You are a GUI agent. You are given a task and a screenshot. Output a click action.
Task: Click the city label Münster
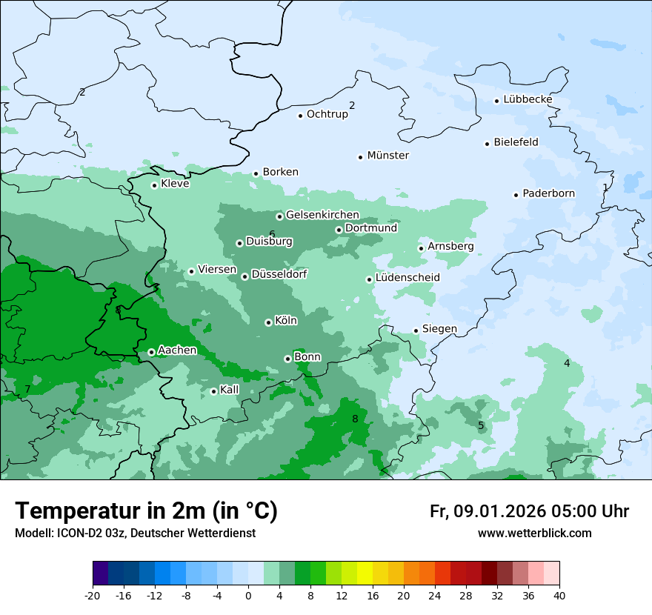coord(388,156)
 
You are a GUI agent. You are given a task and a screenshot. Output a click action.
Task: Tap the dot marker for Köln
coord(268,322)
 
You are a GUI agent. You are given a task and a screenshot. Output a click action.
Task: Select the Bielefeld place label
coord(516,142)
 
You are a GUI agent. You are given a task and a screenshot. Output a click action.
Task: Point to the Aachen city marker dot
coord(151,352)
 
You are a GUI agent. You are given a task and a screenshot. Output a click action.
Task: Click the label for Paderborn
coord(549,194)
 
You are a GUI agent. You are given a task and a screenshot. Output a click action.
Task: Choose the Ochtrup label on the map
coord(327,115)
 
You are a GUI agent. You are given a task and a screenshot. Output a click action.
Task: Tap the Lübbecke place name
coord(528,100)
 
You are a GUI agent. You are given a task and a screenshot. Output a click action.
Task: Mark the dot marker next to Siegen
coord(416,330)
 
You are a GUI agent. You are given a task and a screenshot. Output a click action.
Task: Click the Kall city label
coord(230,390)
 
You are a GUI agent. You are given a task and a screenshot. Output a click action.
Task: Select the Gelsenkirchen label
coord(322,216)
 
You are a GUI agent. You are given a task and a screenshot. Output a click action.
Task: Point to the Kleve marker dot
coord(154,185)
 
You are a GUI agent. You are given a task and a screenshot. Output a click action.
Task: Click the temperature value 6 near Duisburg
coord(272,234)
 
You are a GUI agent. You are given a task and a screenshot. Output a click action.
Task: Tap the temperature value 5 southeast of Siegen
coord(481,425)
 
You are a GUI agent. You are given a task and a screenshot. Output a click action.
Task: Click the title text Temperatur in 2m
coord(146,511)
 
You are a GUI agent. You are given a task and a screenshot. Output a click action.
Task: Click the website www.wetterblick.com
coord(535,533)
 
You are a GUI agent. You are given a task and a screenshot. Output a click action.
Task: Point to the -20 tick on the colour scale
coord(93,596)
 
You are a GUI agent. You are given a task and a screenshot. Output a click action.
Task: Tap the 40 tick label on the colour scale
coord(559,596)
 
